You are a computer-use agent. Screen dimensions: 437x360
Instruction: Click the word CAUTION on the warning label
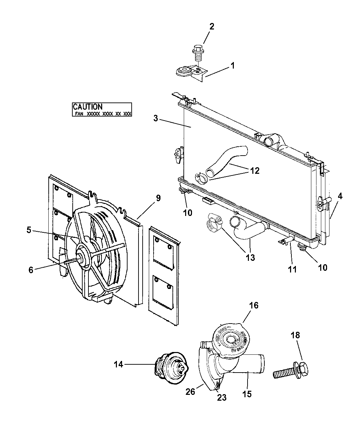88,107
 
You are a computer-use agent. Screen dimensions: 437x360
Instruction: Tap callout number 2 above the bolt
212,27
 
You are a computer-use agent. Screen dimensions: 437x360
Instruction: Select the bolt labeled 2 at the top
197,51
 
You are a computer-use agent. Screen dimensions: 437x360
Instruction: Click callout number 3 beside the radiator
156,119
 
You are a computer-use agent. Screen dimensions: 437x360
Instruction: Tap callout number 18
295,335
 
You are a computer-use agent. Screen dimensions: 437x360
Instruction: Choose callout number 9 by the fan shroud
158,198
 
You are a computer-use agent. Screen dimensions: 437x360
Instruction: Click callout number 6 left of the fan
31,270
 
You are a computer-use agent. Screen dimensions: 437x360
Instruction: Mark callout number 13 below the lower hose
250,257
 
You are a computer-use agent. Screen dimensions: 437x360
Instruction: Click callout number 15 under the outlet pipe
247,394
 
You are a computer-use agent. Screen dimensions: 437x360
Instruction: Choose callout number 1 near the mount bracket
232,65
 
